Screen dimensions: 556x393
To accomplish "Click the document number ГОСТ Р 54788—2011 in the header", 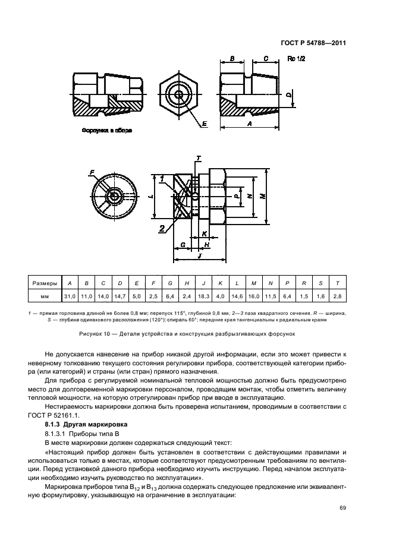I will pos(313,43).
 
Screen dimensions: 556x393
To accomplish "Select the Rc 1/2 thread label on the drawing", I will pos(296,58).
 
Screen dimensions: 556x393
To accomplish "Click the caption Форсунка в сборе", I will pos(106,130).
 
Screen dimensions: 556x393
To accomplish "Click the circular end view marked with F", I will pos(114,196).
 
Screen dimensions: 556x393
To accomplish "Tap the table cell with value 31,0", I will pos(70,295).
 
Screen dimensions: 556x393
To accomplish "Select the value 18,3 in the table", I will pos(203,295).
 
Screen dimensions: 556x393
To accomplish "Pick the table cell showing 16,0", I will pos(254,295).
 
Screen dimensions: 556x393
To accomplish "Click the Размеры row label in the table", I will pos(44,283).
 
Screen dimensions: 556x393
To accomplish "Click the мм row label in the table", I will pos(44,295).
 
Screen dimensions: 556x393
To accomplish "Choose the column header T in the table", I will pos(338,283).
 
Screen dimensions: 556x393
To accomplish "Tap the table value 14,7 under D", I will pos(120,295).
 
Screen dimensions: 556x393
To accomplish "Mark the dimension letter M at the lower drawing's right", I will pos(262,197).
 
